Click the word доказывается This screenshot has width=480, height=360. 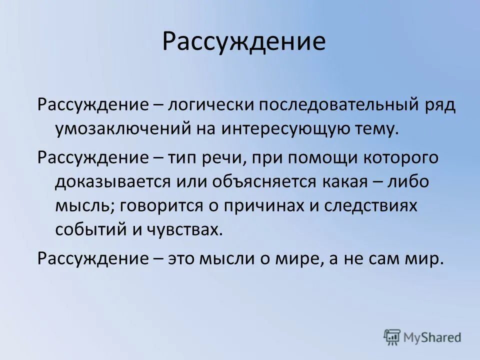pos(112,181)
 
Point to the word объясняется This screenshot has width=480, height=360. pos(252,181)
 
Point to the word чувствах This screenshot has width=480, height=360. pos(184,229)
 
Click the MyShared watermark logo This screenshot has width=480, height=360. pos(422,336)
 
